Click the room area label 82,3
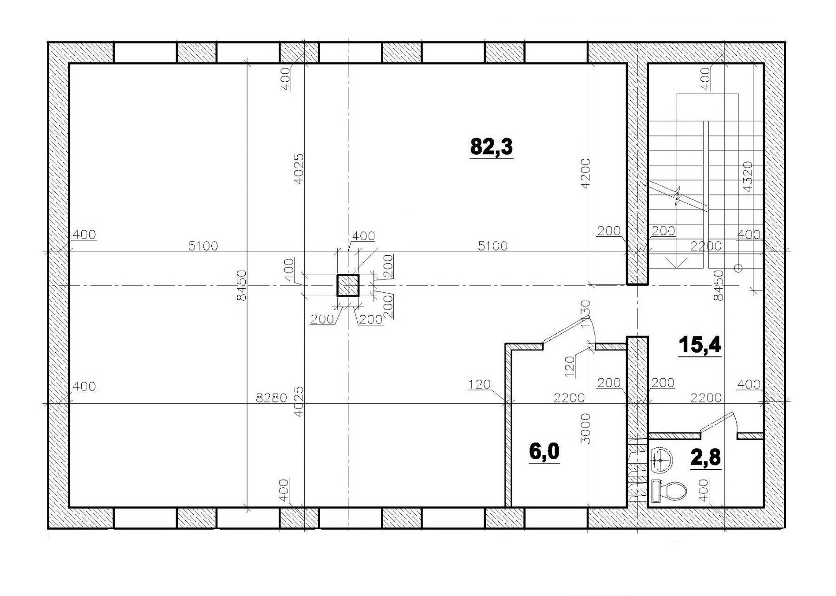491,146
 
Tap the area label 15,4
700,345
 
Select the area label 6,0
544,452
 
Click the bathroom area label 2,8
706,457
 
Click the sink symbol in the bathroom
661,460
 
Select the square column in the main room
347,285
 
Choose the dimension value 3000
586,428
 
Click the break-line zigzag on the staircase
678,196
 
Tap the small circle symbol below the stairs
738,268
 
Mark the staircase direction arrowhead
678,262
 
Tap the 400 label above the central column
364,236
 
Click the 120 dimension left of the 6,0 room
480,384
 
